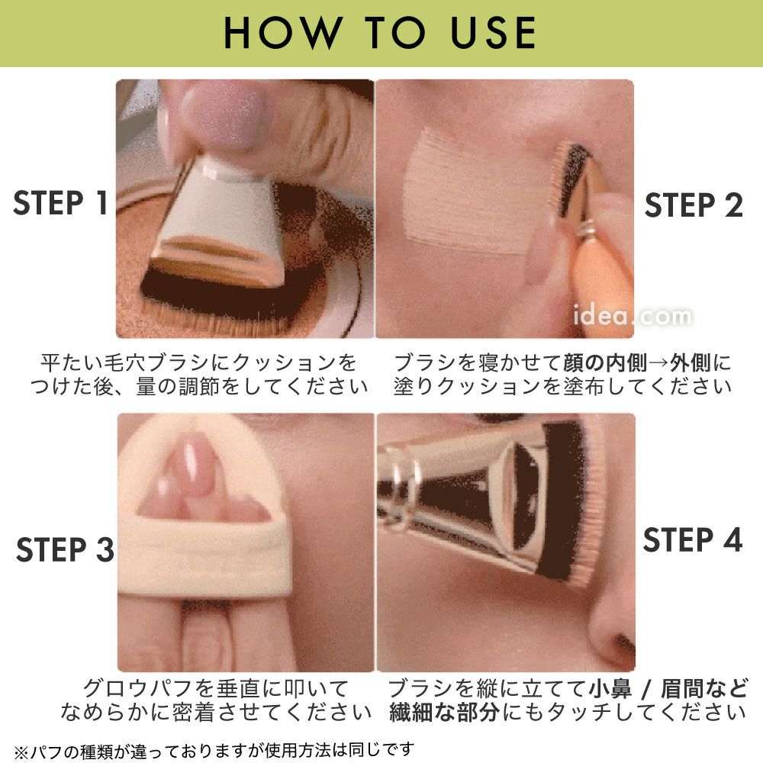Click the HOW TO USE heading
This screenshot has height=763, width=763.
click(x=380, y=33)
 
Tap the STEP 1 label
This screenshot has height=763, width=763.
click(x=60, y=203)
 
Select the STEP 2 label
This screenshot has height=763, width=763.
click(x=694, y=204)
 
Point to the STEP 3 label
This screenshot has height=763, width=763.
click(x=65, y=550)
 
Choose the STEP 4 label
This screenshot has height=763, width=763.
click(x=693, y=539)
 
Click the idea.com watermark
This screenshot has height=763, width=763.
click(x=632, y=316)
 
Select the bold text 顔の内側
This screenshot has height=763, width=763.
click(x=605, y=363)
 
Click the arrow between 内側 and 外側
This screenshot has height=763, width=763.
click(x=658, y=363)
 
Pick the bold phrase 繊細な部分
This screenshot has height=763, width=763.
click(x=444, y=713)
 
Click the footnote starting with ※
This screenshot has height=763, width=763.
click(x=214, y=751)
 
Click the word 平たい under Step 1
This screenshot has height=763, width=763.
click(x=72, y=363)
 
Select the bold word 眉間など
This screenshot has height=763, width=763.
click(x=703, y=689)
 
